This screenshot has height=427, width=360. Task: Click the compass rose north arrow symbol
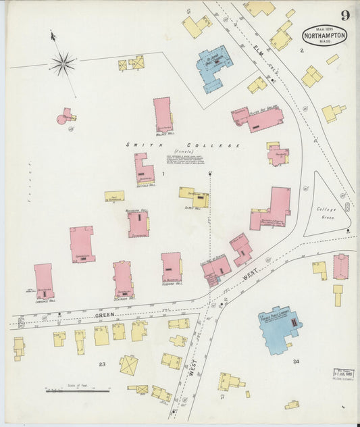[x=63, y=64]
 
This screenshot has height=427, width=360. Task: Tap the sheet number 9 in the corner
[x=345, y=15]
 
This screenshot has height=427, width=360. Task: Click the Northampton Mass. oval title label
[x=324, y=34]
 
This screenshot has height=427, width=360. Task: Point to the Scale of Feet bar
[x=78, y=390]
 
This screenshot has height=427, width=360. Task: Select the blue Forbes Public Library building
[x=278, y=329]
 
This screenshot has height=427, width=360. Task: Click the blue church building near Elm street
[x=214, y=66]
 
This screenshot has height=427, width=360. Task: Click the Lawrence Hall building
[x=43, y=280]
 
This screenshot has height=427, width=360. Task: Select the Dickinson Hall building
[x=123, y=278]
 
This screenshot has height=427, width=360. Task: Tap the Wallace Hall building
[x=163, y=114]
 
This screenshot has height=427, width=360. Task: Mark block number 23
[x=102, y=364]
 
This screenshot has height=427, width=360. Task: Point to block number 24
[x=295, y=361]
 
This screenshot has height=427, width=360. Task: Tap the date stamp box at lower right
[x=343, y=374]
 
